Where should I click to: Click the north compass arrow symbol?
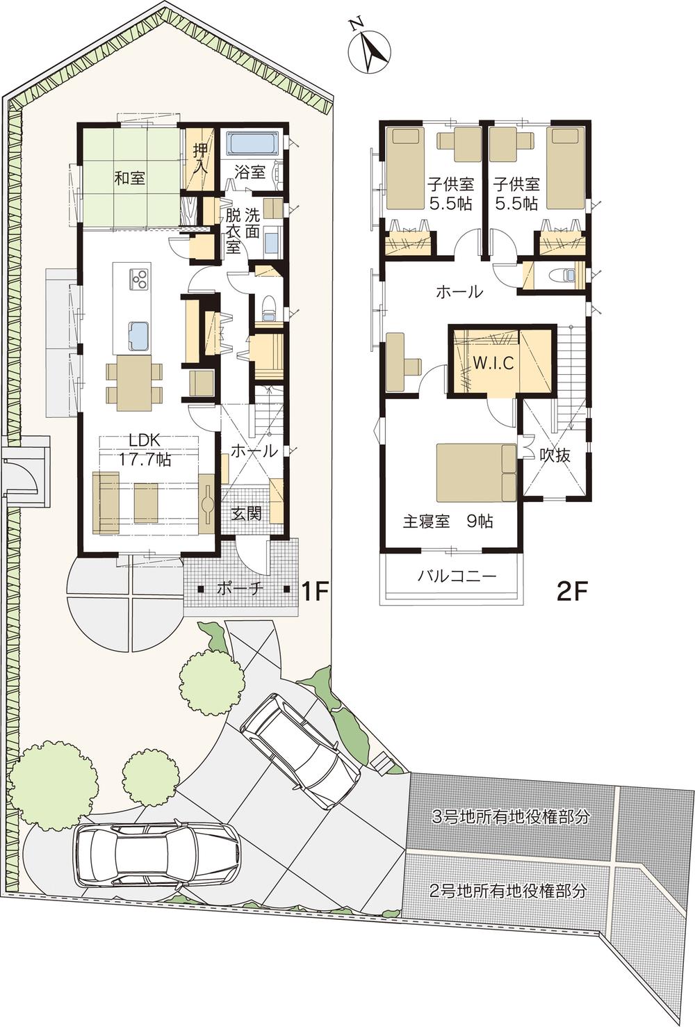367,47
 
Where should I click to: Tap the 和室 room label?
129,177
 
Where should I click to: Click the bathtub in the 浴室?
254,144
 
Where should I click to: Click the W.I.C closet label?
493,363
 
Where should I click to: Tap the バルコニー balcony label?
457,576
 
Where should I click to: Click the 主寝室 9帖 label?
448,521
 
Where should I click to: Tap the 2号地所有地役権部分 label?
507,891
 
